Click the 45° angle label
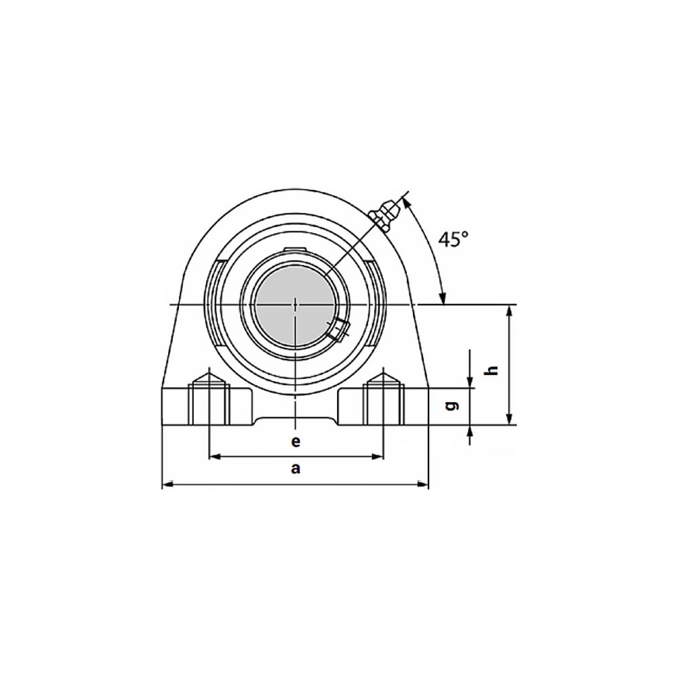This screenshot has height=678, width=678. tap(453, 239)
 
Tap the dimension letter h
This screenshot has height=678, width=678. tap(492, 370)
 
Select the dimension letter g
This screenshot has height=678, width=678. tap(452, 406)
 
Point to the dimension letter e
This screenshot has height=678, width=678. tap(296, 442)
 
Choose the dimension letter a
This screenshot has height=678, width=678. tap(296, 468)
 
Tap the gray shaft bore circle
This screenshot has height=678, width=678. tap(296, 305)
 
